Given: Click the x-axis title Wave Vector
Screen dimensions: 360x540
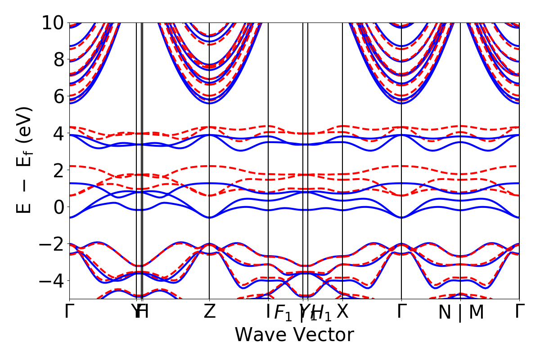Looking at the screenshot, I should click(x=294, y=335).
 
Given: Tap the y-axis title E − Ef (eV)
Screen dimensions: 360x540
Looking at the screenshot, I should click(x=25, y=160).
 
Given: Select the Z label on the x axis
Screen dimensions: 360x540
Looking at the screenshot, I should click(x=209, y=312).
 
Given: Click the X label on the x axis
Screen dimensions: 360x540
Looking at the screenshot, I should click(x=343, y=312).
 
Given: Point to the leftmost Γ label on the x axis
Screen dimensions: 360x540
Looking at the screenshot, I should click(x=69, y=312).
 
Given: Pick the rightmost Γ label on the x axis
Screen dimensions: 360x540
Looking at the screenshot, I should click(x=520, y=312).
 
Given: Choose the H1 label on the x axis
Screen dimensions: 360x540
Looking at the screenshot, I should click(x=321, y=314).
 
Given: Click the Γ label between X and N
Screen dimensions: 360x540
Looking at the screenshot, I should click(x=401, y=312).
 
